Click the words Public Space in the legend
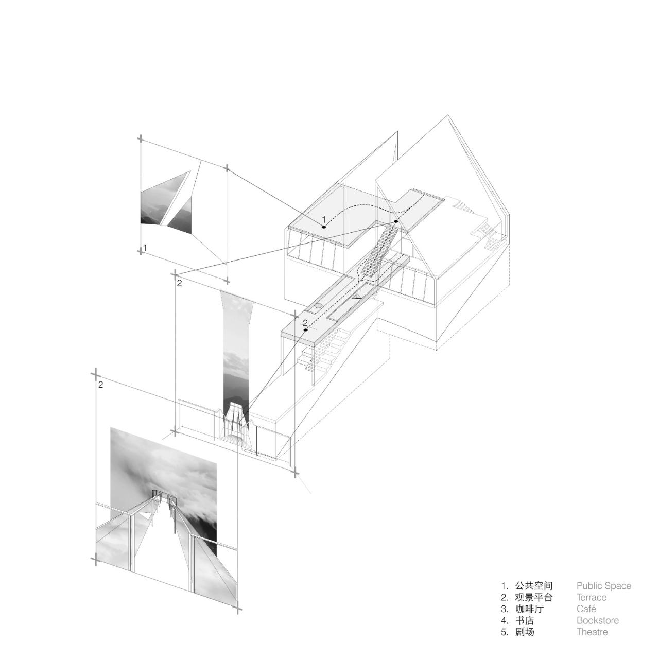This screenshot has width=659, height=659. click(x=603, y=586)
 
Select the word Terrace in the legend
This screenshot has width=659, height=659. click(x=591, y=598)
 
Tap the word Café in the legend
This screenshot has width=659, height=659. click(x=586, y=609)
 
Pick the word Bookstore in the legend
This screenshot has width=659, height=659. click(x=597, y=621)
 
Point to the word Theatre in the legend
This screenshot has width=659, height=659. click(x=592, y=632)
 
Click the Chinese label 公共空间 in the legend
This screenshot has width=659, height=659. click(x=533, y=586)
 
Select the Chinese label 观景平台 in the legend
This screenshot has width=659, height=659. click(x=533, y=598)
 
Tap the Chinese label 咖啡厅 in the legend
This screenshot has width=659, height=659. click(x=529, y=609)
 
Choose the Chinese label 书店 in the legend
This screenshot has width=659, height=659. click(x=524, y=621)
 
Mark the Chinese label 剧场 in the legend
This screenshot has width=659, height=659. click(x=524, y=632)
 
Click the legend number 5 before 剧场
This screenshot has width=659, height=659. click(x=504, y=632)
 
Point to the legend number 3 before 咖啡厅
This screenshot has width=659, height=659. click(x=504, y=609)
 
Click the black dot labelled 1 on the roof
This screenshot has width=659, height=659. click(x=324, y=227)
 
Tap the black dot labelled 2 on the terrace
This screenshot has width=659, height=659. click(x=306, y=329)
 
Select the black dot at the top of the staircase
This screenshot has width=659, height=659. click(x=396, y=222)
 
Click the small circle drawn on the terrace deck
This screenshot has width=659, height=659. click(x=319, y=306)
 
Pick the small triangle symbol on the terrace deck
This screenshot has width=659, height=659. click(x=357, y=297)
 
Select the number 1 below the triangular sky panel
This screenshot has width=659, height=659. click(x=145, y=248)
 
